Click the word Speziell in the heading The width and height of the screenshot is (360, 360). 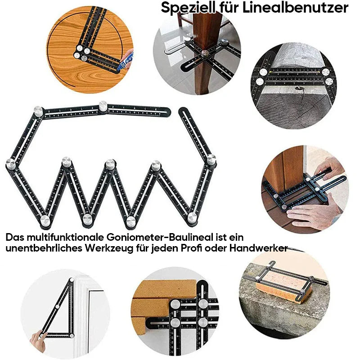pyautogui.click(x=188, y=8)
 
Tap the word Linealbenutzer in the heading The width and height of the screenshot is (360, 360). pyautogui.click(x=295, y=8)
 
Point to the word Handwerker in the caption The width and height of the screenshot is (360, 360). pyautogui.click(x=258, y=248)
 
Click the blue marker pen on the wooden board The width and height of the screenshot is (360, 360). pyautogui.click(x=125, y=61)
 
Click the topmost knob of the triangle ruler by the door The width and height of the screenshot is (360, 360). pyautogui.click(x=72, y=280)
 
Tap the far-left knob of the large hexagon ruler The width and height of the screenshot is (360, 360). pyautogui.click(x=10, y=164)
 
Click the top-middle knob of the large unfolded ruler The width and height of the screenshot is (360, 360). pyautogui.click(x=103, y=106)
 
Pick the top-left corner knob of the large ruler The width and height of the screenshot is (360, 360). pyautogui.click(x=38, y=111)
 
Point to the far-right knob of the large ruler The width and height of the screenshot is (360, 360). pyautogui.click(x=211, y=160)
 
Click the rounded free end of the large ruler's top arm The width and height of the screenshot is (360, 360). pyautogui.click(x=167, y=112)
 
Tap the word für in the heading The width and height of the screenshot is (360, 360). pyautogui.click(x=229, y=8)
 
